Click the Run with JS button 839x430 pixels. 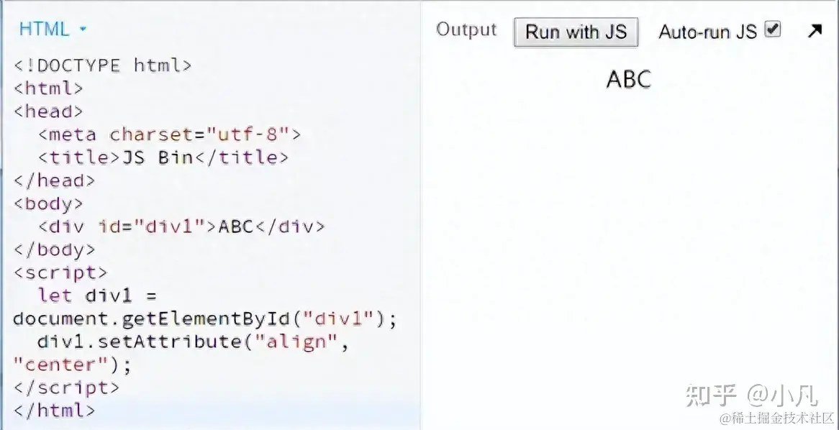click(x=576, y=32)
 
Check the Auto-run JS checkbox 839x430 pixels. click(x=773, y=29)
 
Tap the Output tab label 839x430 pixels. click(x=466, y=30)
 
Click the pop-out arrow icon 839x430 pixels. click(x=815, y=31)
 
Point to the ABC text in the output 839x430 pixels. click(x=628, y=79)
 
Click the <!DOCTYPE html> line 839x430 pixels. click(x=103, y=65)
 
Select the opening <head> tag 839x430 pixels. click(x=48, y=111)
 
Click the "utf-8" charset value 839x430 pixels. click(x=248, y=134)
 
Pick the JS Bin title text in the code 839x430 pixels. click(x=158, y=157)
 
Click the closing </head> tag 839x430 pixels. click(x=54, y=180)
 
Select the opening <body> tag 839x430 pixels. click(x=48, y=203)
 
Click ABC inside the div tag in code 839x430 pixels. click(x=236, y=227)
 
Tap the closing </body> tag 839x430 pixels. click(x=54, y=250)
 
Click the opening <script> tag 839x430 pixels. click(x=60, y=273)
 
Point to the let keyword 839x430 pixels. click(x=55, y=296)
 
